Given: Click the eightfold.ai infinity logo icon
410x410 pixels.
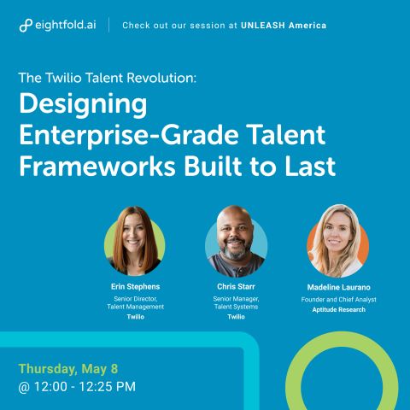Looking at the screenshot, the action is tap(26, 26).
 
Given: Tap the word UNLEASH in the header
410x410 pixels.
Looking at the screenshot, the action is tap(263, 26).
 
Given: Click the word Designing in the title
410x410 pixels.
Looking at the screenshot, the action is tap(83, 105).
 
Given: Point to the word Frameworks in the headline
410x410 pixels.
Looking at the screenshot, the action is tap(97, 167).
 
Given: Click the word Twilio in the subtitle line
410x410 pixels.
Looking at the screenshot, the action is tap(63, 78).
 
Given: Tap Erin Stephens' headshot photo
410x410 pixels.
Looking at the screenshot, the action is tap(135, 241).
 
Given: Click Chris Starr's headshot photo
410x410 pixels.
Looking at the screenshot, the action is tap(236, 241).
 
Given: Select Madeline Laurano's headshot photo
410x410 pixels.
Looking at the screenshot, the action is tap(337, 241).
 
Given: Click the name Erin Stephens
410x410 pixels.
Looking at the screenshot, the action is tap(135, 287).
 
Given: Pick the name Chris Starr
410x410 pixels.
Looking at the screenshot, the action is tap(236, 287).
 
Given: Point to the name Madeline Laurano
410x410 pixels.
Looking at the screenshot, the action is tap(338, 287).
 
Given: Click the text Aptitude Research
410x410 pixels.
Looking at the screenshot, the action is tap(338, 310).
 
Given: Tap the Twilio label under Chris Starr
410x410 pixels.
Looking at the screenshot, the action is tap(236, 317).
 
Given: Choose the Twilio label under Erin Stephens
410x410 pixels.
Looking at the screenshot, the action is tap(136, 317).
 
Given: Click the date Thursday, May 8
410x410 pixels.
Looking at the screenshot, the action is tap(68, 369).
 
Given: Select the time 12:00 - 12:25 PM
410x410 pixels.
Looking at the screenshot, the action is tap(85, 387).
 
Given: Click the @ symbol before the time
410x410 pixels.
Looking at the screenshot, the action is tap(24, 387).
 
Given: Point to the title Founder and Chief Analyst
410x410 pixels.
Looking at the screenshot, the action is tap(338, 300).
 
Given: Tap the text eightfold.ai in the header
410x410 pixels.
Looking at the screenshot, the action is tap(66, 25).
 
